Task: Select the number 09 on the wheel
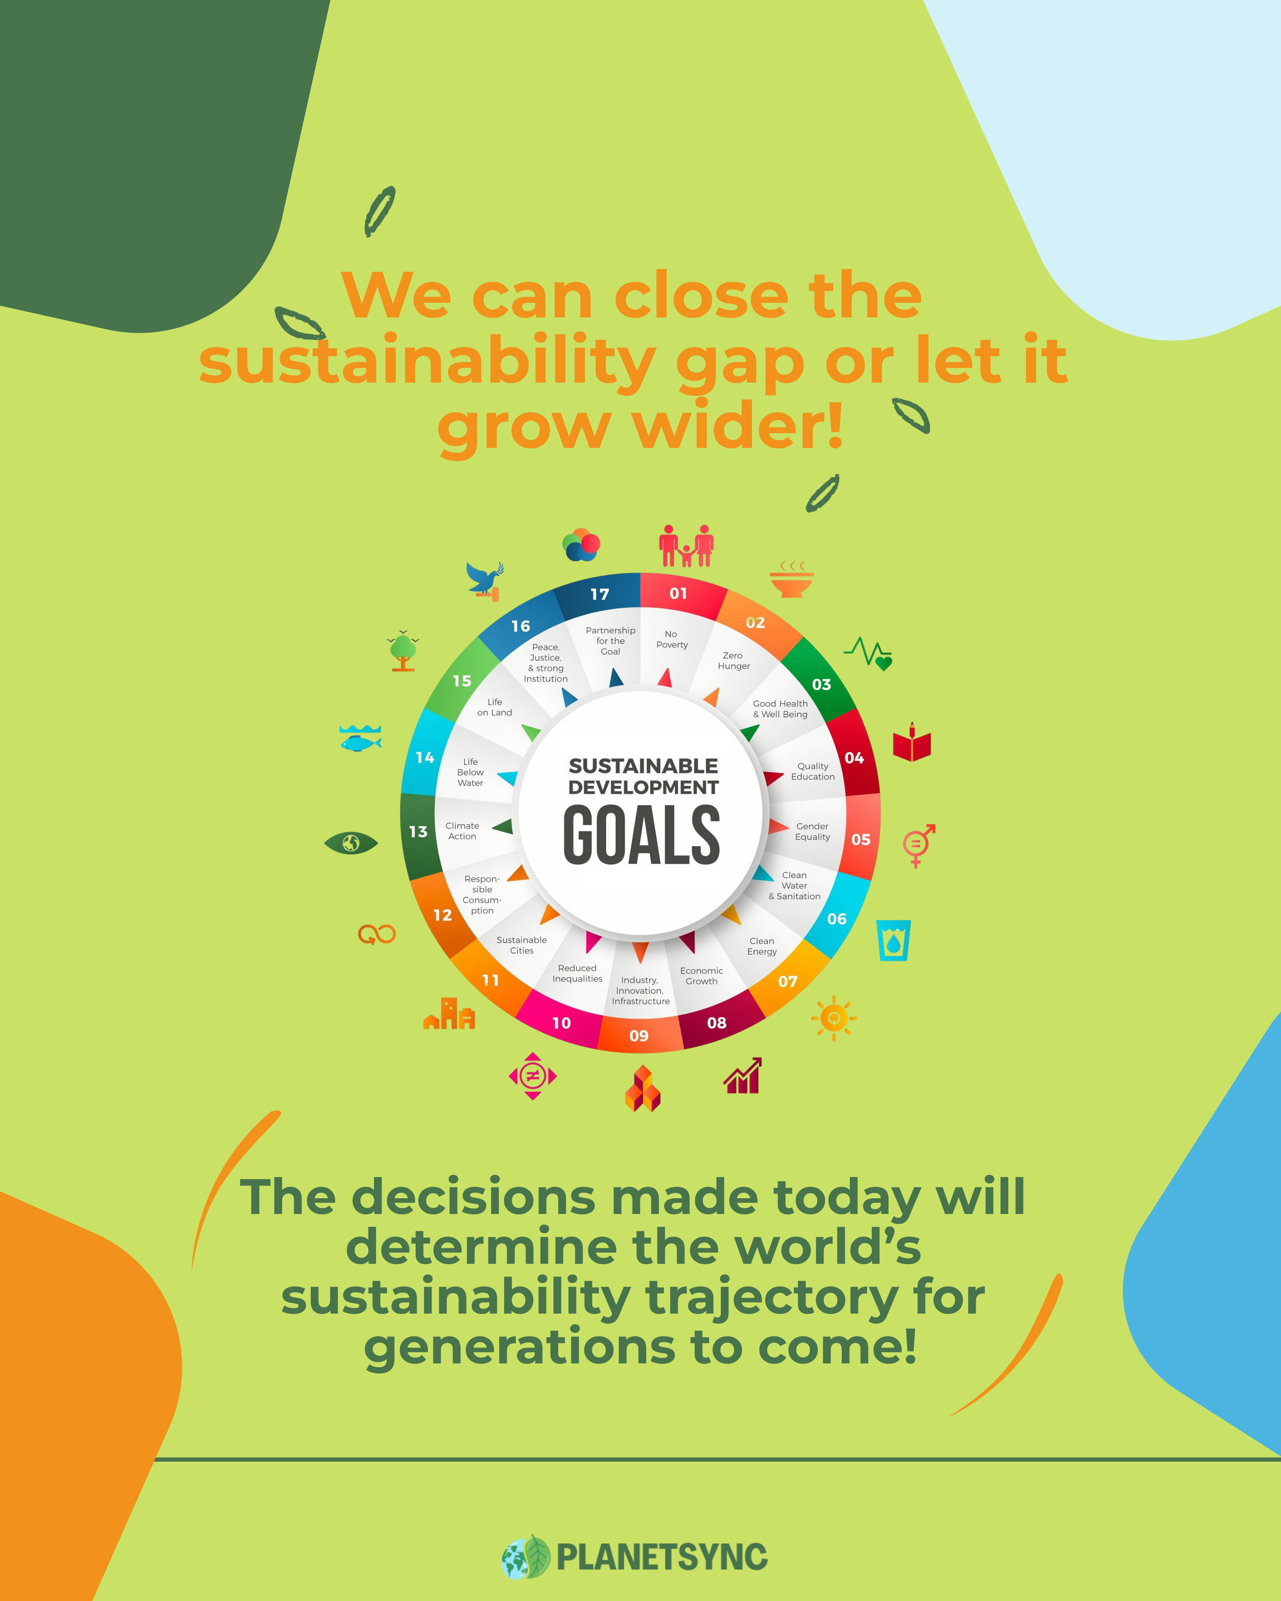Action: pyautogui.click(x=639, y=1035)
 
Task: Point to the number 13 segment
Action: pyautogui.click(x=418, y=832)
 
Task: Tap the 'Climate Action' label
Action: pyautogui.click(x=462, y=831)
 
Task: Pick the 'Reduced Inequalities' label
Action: pyautogui.click(x=577, y=974)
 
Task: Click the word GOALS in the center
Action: pyautogui.click(x=642, y=835)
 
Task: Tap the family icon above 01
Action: pyautogui.click(x=686, y=547)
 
